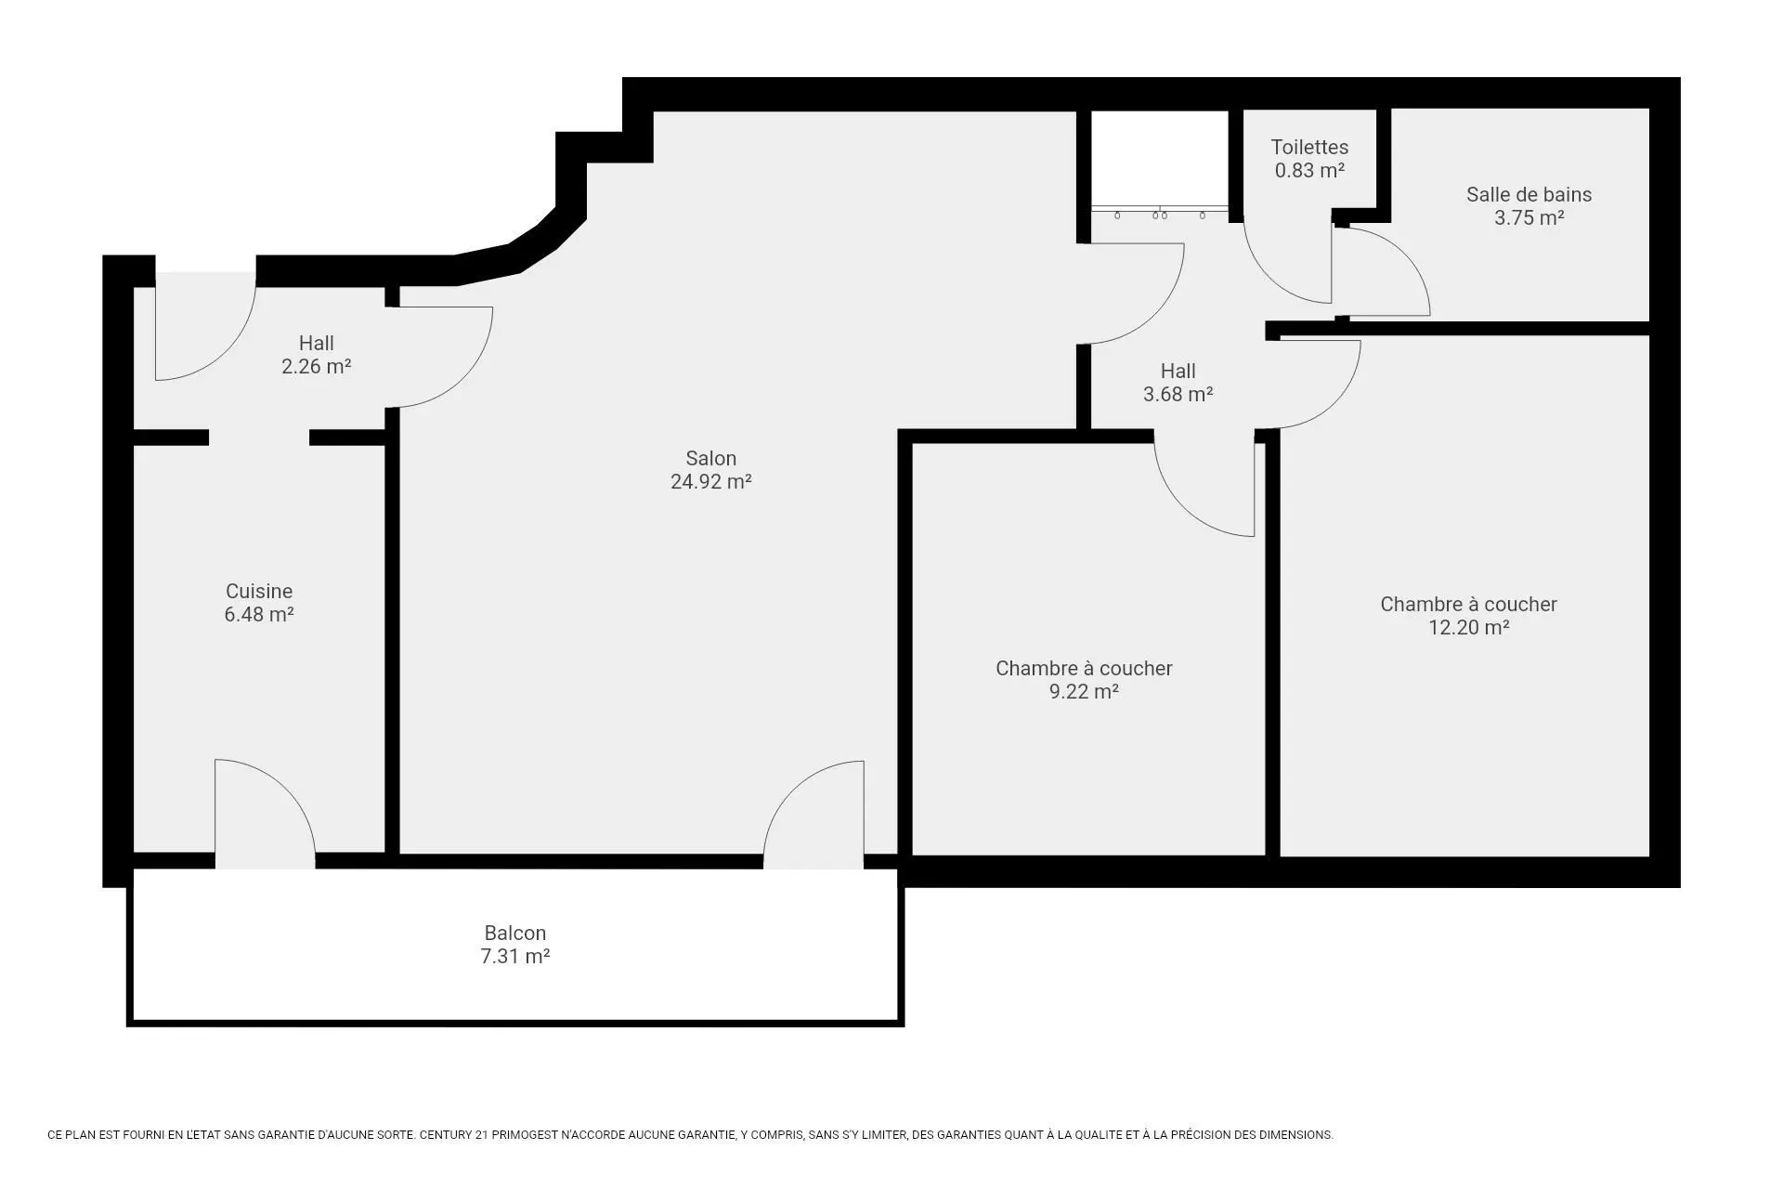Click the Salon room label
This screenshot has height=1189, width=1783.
[710, 458]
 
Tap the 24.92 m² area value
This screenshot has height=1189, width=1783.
[710, 481]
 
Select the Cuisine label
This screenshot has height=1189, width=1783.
[259, 591]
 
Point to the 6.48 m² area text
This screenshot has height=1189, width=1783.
[259, 614]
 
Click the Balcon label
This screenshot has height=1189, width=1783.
[515, 933]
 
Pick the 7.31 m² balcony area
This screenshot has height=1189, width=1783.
[515, 956]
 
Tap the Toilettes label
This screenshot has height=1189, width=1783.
[1309, 147]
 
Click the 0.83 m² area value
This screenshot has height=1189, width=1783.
[1309, 170]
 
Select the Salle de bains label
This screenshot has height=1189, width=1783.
[1529, 194]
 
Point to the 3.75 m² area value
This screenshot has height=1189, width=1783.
[1529, 217]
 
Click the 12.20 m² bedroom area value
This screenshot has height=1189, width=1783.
[1468, 627]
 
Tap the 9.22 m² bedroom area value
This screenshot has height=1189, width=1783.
[1084, 691]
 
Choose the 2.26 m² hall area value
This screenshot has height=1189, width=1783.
[316, 366]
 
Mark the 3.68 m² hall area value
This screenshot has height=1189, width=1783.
[1178, 394]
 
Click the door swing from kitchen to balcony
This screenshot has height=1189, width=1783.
[286, 785]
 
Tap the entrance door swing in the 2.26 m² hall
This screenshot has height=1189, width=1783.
[227, 353]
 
